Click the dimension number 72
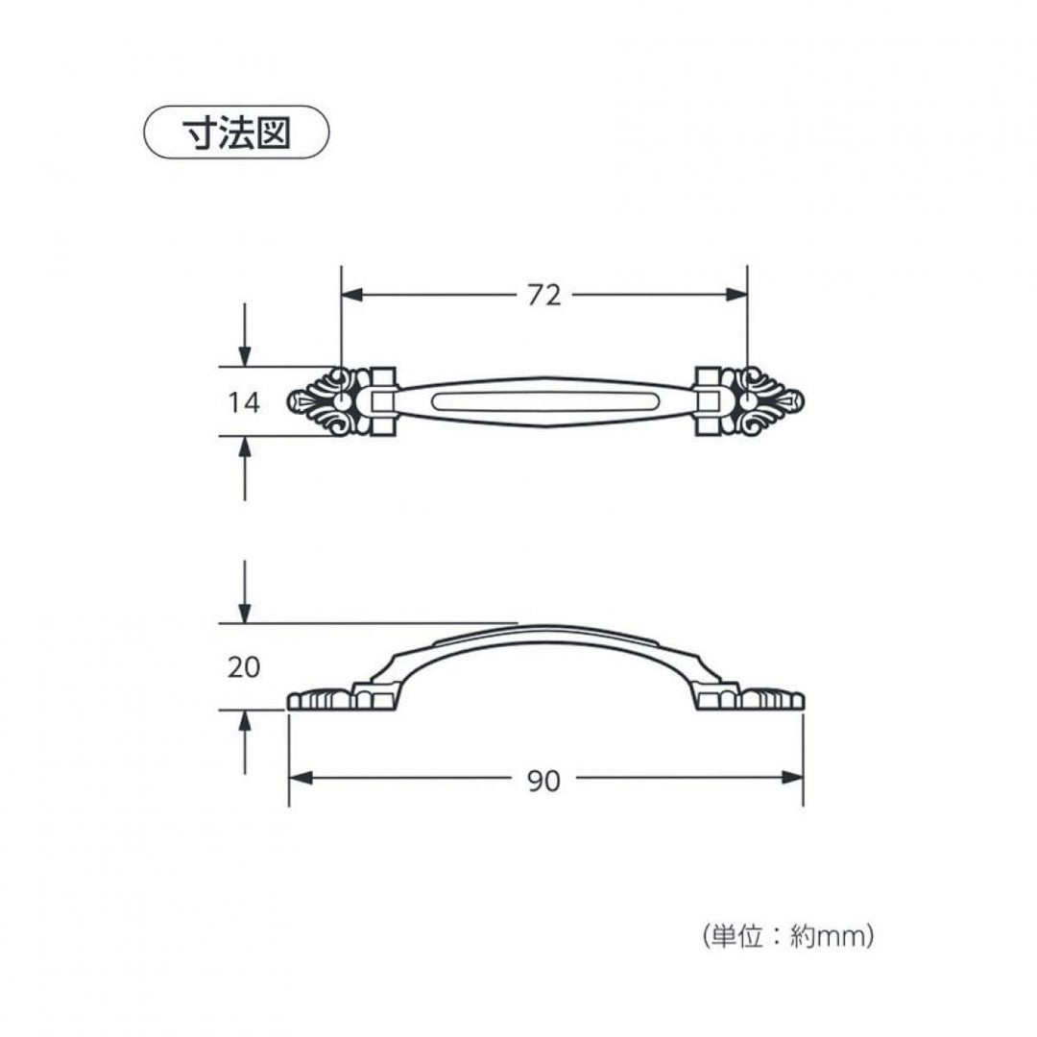pos(544,296)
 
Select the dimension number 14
pos(244,402)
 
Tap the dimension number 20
pos(243,667)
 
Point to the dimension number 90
pos(544,782)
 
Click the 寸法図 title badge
pos(237,133)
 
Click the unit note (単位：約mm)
pos(787,936)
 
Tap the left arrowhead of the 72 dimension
pos(352,295)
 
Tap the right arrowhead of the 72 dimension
pos(736,295)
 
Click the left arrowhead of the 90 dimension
pos(301,778)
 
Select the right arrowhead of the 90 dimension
pos(791,778)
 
